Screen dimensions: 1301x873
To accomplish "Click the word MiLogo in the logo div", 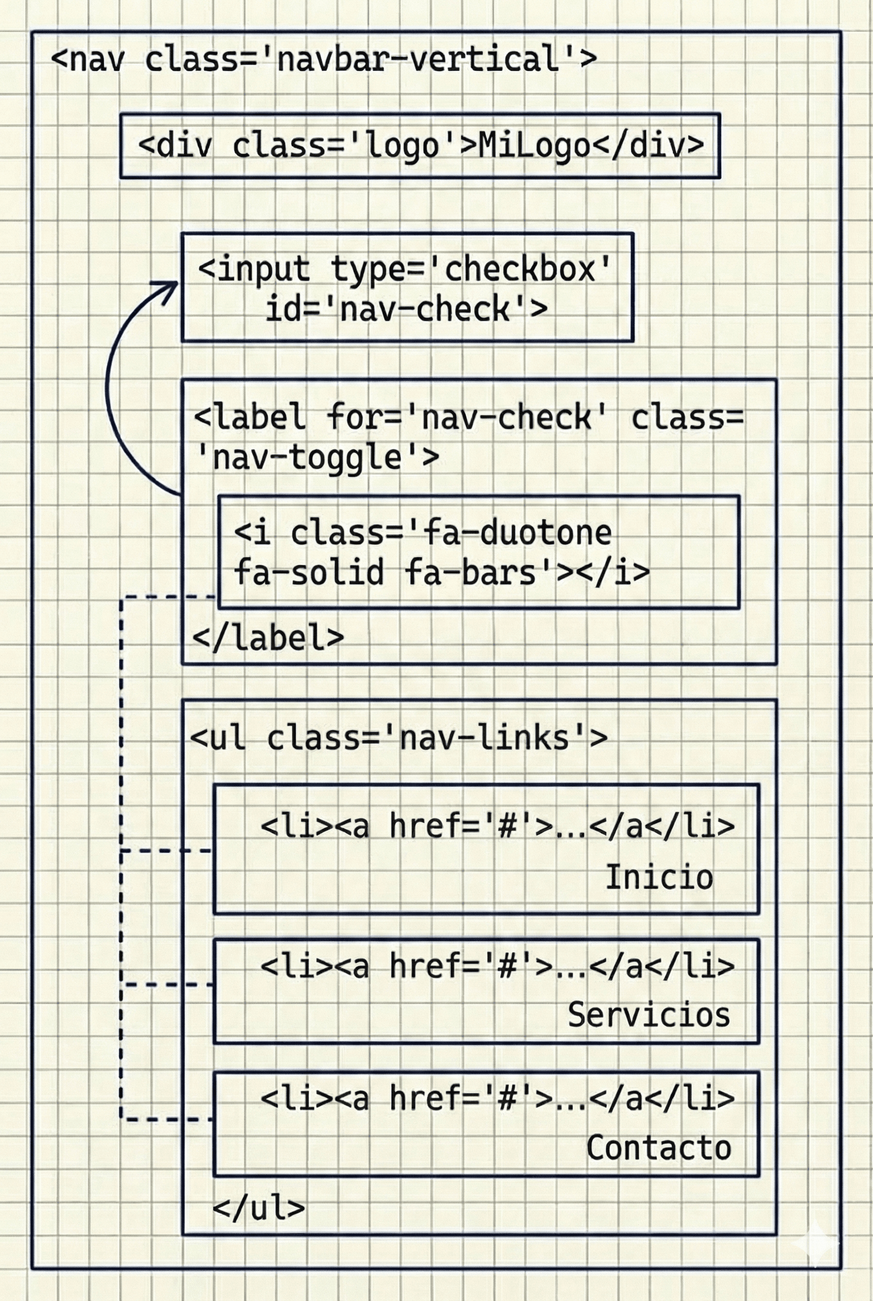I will (x=533, y=146).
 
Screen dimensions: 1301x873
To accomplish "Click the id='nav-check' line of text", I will (x=406, y=309).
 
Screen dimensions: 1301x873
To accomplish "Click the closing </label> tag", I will (x=268, y=639).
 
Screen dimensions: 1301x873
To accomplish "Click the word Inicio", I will (x=659, y=878).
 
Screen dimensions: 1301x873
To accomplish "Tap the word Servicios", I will (x=649, y=1015).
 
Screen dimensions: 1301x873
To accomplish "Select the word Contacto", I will (x=659, y=1148).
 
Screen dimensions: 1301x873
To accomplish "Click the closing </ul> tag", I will (x=259, y=1208).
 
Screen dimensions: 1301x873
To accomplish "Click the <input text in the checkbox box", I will (x=254, y=270).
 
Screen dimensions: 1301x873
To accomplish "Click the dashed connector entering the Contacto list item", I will (x=167, y=1119).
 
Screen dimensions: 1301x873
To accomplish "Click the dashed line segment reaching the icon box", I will (x=167, y=597).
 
